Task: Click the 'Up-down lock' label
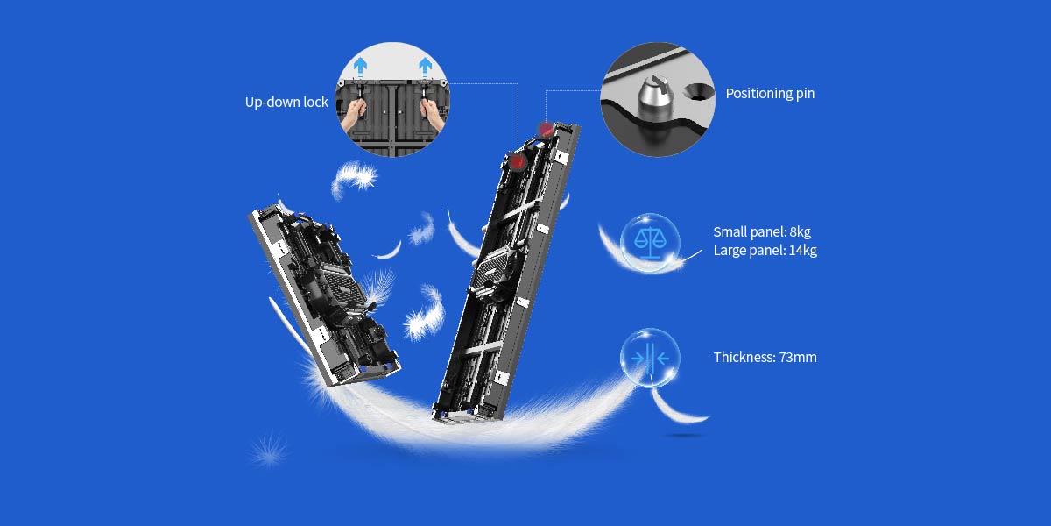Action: pos(286,103)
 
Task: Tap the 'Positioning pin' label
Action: pos(770,94)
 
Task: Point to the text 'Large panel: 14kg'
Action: pos(765,251)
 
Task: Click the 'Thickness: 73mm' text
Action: pos(765,358)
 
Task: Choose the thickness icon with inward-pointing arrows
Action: pos(649,358)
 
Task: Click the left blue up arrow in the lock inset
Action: pos(360,65)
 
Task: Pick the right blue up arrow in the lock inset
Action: pos(426,65)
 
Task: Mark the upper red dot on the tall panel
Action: pos(546,130)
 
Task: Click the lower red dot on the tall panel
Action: pos(517,162)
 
